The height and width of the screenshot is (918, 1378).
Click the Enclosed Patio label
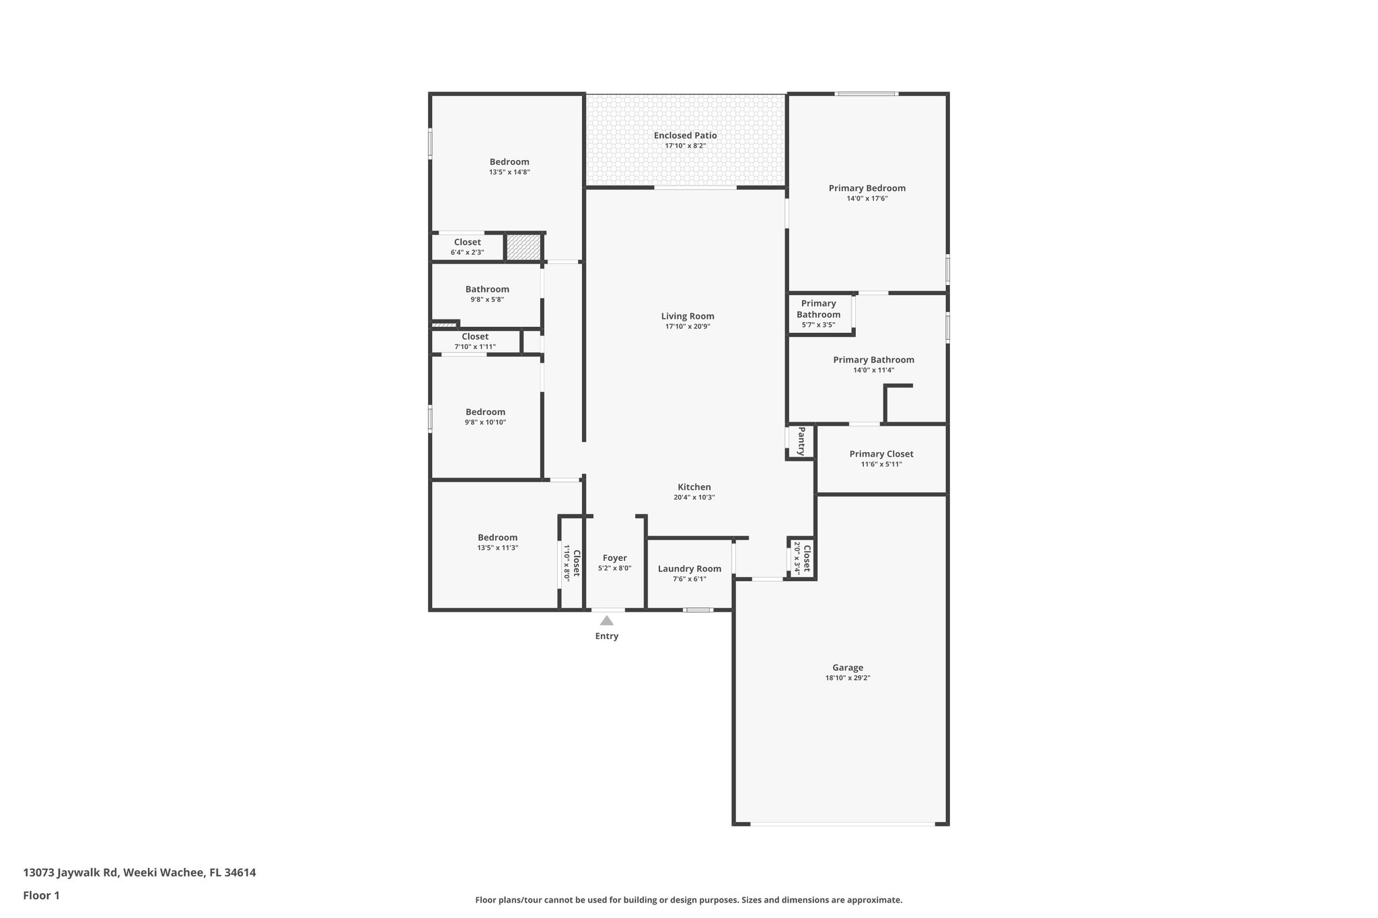pyautogui.click(x=685, y=135)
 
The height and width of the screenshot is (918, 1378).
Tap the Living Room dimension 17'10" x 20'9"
pyautogui.click(x=688, y=326)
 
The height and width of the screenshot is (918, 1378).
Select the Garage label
pyautogui.click(x=847, y=668)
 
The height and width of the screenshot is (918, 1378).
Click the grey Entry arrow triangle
pyautogui.click(x=606, y=621)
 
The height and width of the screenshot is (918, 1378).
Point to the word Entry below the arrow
pyautogui.click(x=606, y=636)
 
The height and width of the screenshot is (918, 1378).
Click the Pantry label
pyautogui.click(x=801, y=441)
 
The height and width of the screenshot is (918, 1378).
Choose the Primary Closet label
pyautogui.click(x=881, y=454)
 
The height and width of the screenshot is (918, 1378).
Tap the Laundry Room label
pyautogui.click(x=689, y=569)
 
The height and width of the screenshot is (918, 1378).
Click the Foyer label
pyautogui.click(x=614, y=558)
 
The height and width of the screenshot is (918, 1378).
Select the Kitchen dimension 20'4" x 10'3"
pyautogui.click(x=694, y=498)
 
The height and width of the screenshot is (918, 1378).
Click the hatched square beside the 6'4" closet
pyautogui.click(x=523, y=247)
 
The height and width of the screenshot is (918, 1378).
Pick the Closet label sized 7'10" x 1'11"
pyautogui.click(x=475, y=337)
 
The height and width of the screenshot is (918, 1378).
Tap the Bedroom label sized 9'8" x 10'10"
pyautogui.click(x=485, y=412)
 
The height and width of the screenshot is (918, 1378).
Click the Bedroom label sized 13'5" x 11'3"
pyautogui.click(x=497, y=537)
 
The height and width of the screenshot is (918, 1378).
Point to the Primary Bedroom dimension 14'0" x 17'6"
pyautogui.click(x=867, y=198)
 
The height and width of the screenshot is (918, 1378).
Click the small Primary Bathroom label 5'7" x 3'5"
pyautogui.click(x=818, y=314)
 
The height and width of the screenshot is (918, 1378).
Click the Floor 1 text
pyautogui.click(x=41, y=896)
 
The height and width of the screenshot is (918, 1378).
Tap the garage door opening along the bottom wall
pyautogui.click(x=842, y=824)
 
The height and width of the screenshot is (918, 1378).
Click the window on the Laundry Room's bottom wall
pyautogui.click(x=698, y=610)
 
